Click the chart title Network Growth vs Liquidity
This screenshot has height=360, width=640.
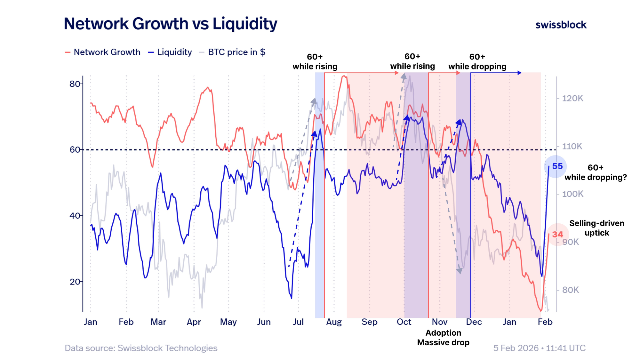pyautogui.click(x=171, y=24)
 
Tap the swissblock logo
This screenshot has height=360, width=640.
pyautogui.click(x=561, y=25)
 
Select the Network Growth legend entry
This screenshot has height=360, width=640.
pyautogui.click(x=103, y=52)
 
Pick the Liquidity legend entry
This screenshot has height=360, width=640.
pyautogui.click(x=170, y=52)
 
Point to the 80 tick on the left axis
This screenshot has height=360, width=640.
pyautogui.click(x=75, y=84)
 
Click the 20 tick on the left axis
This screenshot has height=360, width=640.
pyautogui.click(x=75, y=282)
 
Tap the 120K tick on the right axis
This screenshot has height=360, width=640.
pyautogui.click(x=572, y=98)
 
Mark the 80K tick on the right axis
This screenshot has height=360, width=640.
pyautogui.click(x=571, y=290)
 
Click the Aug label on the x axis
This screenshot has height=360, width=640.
pyautogui.click(x=334, y=322)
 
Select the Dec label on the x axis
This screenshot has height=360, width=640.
pyautogui.click(x=474, y=322)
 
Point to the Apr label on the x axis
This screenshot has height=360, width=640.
pyautogui.click(x=194, y=322)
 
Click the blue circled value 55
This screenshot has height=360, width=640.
pyautogui.click(x=557, y=166)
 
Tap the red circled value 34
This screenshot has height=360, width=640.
pyautogui.click(x=557, y=235)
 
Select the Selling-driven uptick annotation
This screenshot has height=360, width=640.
pyautogui.click(x=597, y=228)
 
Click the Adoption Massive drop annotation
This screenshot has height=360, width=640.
pyautogui.click(x=443, y=338)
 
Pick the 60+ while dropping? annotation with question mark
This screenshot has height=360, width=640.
pyautogui.click(x=596, y=172)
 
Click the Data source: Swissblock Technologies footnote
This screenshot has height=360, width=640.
pyautogui.click(x=141, y=348)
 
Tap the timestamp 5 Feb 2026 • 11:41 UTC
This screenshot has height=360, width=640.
pyautogui.click(x=539, y=348)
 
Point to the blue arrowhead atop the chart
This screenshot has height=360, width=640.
pyautogui.click(x=519, y=73)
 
